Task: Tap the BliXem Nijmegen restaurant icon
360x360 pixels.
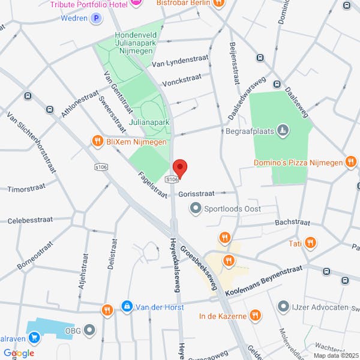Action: point(97,141)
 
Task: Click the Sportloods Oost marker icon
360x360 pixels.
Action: point(195,208)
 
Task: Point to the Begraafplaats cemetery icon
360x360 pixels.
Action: point(284,130)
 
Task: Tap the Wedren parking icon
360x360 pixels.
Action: point(96,19)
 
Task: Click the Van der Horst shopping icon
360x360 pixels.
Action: point(127,307)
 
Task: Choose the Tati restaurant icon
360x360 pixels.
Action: point(310,243)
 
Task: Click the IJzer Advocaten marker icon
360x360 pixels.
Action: point(283,307)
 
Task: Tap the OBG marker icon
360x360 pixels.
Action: point(90,329)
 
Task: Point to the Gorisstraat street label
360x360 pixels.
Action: point(196,194)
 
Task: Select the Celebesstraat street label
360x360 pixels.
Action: point(29,221)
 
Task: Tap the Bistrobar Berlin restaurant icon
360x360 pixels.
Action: point(220,2)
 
